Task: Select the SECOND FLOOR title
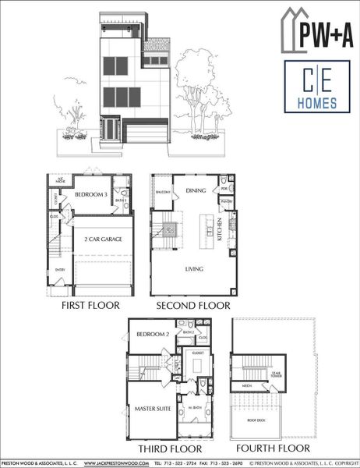pos(193,306)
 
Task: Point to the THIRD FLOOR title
pos(170,449)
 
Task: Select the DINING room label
pos(195,189)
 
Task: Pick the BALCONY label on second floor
pos(162,190)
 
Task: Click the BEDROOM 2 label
pos(153,334)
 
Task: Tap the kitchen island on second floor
pos(207,229)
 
